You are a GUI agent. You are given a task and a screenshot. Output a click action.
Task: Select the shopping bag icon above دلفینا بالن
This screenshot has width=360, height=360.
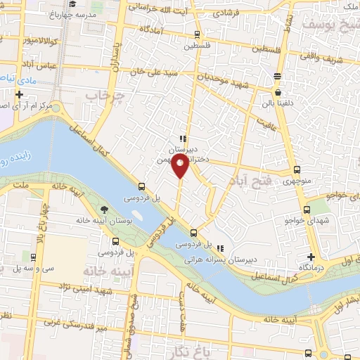click(x=278, y=91)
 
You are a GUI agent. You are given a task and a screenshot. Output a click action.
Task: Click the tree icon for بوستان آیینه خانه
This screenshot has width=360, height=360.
click(x=104, y=209)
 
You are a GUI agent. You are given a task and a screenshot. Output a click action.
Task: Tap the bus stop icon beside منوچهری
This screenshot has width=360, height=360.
click(x=296, y=169)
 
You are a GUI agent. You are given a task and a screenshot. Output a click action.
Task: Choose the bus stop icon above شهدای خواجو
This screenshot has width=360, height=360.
click(x=306, y=209)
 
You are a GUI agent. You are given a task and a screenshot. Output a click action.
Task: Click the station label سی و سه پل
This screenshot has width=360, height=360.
click(x=38, y=268)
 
